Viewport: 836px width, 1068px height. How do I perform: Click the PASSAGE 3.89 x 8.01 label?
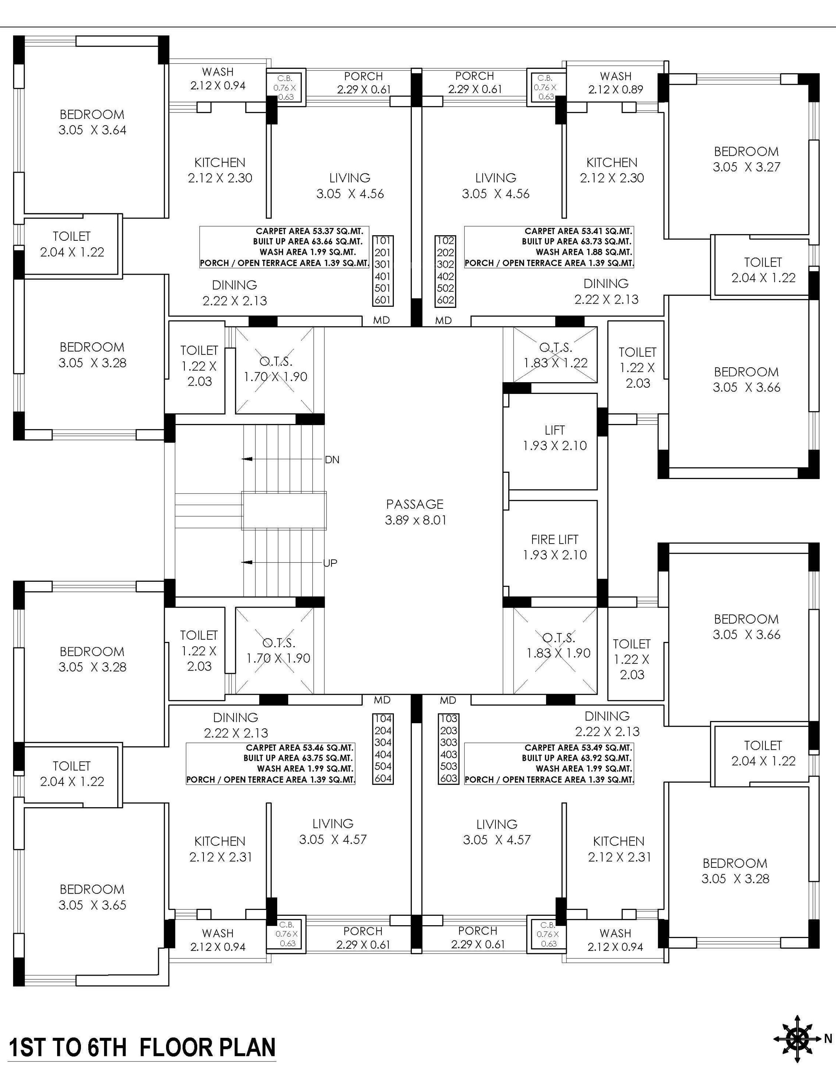point(415,512)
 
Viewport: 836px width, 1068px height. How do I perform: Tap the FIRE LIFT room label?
point(555,547)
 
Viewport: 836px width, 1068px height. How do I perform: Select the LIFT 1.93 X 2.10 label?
point(555,438)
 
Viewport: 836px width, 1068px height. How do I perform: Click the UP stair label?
point(330,563)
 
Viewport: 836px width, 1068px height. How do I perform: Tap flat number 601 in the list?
point(382,300)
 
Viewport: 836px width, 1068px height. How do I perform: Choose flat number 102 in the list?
point(445,241)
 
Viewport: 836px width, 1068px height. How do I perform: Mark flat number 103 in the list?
point(448,719)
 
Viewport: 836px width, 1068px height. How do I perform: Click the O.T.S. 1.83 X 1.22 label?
point(555,355)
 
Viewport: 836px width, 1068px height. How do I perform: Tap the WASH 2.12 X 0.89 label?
point(615,83)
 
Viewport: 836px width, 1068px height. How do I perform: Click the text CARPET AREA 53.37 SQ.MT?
point(309,231)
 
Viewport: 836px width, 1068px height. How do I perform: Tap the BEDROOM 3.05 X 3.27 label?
point(746,159)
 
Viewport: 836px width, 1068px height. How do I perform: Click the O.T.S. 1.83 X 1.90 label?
point(558,645)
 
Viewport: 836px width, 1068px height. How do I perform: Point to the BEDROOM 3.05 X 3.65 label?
point(92,897)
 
